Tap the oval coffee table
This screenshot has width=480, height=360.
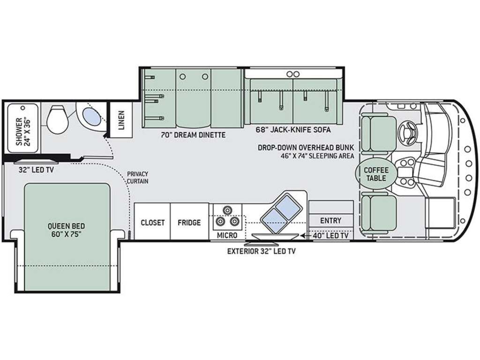pos(374,173)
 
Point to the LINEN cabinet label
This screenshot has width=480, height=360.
pos(121,120)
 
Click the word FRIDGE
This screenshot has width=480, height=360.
pos(189,222)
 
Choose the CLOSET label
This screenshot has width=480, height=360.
pos(152,222)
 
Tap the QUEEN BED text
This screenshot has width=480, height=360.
pos(66,226)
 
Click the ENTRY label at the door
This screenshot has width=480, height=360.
pos(330,220)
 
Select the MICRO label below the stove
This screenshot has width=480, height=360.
pos(227,235)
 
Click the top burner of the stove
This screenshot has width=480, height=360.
pos(227,210)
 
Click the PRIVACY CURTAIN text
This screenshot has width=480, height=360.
pos(137,178)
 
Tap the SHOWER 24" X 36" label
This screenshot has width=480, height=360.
pos(23,131)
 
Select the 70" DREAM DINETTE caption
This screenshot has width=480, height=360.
pos(193,135)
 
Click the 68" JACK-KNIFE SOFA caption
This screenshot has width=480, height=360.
pos(293,130)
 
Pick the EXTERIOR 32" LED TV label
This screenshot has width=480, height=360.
pos(261,251)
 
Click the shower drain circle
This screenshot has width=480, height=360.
pos(22,108)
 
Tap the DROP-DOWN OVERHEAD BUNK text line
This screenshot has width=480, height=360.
pos(306,148)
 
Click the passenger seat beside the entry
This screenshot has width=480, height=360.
pos(379,213)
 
